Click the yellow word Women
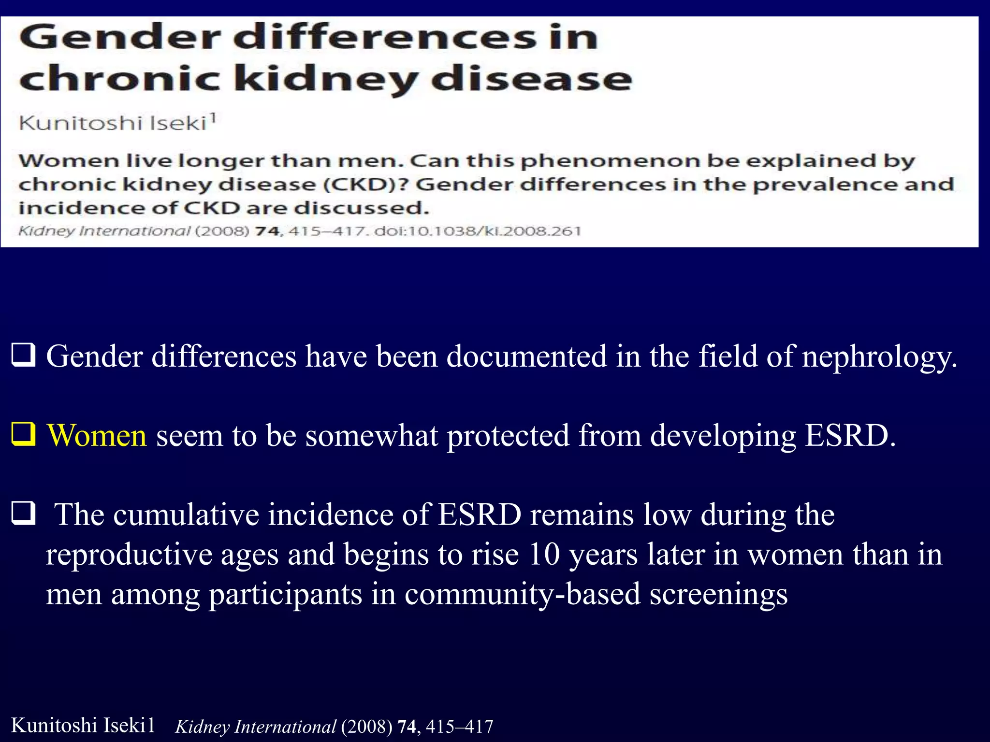pyautogui.click(x=97, y=435)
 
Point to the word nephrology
pyautogui.click(x=879, y=357)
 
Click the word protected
pyautogui.click(x=508, y=436)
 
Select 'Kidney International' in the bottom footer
pyautogui.click(x=256, y=727)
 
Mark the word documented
pyautogui.click(x=526, y=357)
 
